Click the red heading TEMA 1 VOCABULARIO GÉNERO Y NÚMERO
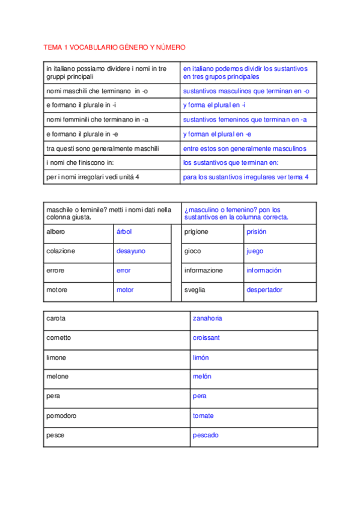coord(115,47)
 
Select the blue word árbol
coord(123,232)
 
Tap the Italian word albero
coord(55,232)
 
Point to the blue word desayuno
coord(130,251)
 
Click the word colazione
coord(61,251)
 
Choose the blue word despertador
coord(264,289)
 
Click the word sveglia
coord(195,289)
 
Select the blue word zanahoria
coord(207,318)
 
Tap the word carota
coord(56,318)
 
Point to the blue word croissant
coord(206,337)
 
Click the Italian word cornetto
coord(58,337)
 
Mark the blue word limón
coord(201,357)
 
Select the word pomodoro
coord(61,416)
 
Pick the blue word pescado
coord(206,435)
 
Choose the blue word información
coord(264,270)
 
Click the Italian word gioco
coord(193,251)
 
